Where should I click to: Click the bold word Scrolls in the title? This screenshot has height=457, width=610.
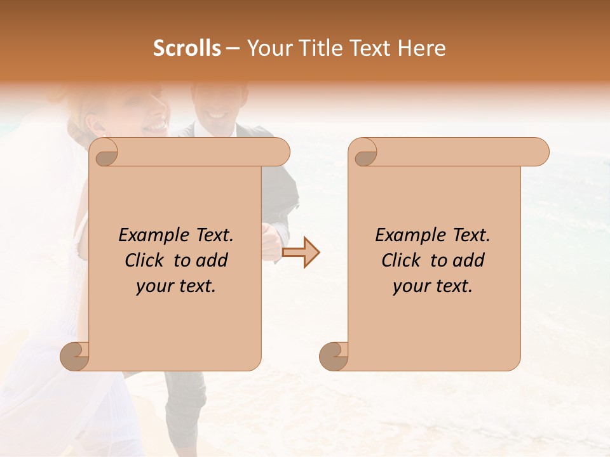coord(187,48)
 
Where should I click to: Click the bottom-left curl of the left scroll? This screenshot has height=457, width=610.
coord(76,356)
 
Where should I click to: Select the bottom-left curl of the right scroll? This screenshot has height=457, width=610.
coord(334,356)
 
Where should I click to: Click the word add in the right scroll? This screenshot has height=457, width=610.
coord(469,260)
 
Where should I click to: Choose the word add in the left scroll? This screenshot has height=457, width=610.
coord(212,260)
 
